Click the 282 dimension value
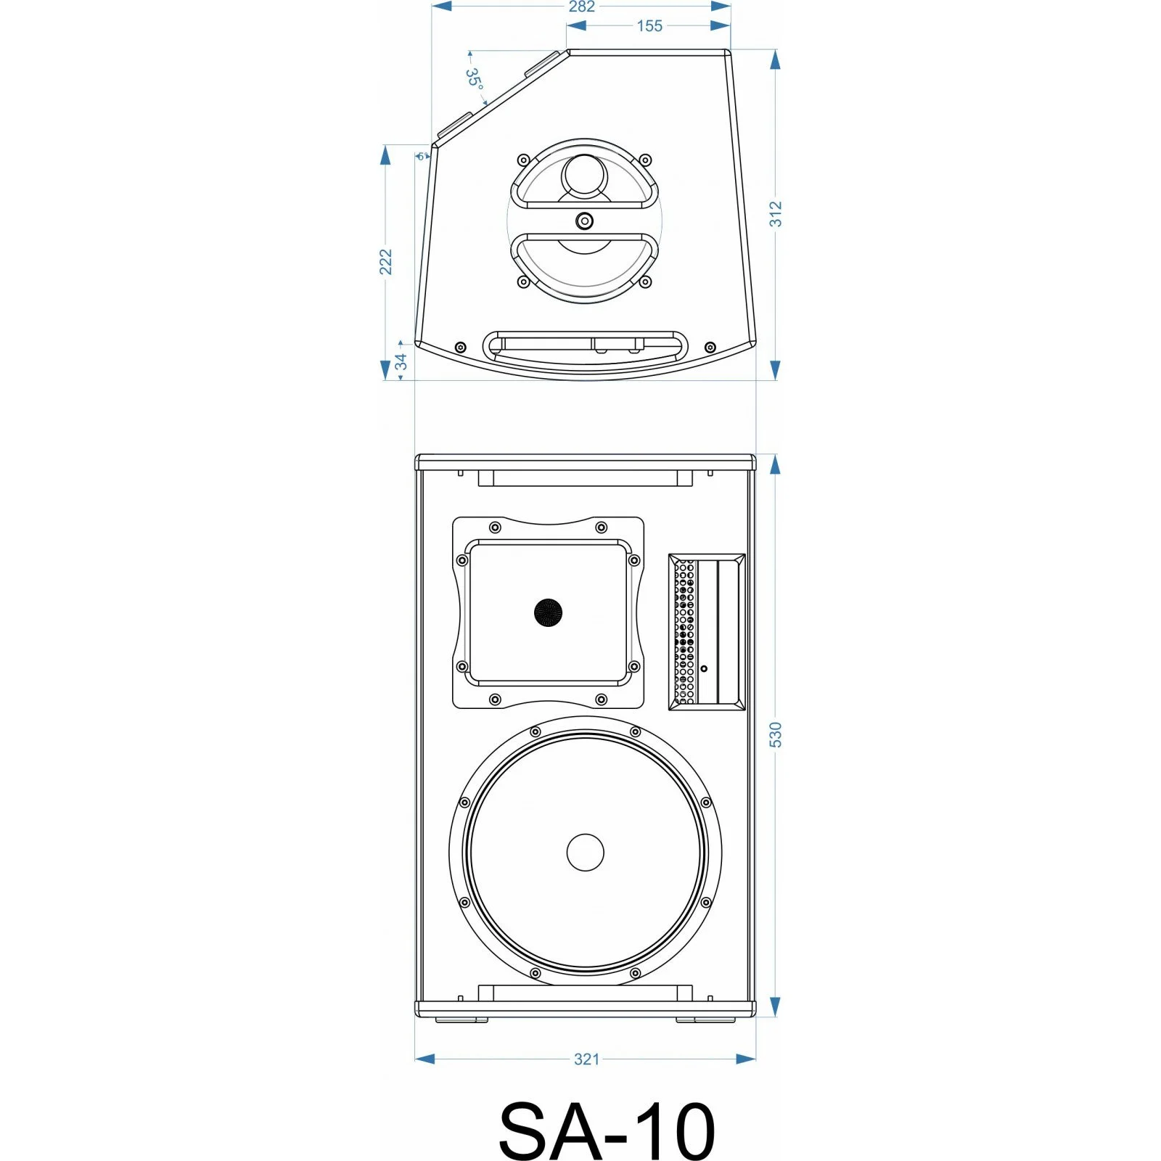581,7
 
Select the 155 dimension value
649,26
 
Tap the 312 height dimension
776,214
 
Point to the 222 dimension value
386,262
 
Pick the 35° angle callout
474,78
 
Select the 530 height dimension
776,734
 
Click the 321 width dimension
586,1059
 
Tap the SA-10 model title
607,1131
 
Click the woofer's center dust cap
585,852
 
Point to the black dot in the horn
549,612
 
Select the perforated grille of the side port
685,631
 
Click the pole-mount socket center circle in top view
584,221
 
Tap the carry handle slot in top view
585,346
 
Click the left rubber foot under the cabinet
461,1020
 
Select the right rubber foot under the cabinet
705,1020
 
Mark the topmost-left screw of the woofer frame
536,731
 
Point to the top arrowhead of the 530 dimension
775,464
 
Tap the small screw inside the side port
703,668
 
